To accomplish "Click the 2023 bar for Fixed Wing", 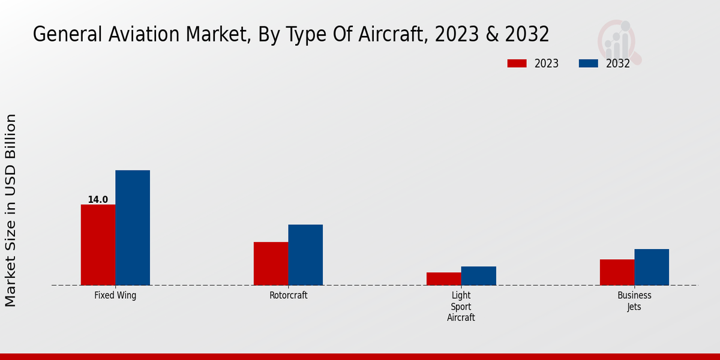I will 98,245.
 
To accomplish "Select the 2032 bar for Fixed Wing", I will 133,228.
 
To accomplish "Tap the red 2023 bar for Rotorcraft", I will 271,263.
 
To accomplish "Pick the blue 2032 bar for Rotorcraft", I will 305,255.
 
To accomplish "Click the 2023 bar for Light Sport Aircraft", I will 444,279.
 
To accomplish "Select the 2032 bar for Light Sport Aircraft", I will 479,276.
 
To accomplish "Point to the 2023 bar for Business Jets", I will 617,272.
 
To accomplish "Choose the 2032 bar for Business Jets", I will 652,267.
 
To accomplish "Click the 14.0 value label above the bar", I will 98,200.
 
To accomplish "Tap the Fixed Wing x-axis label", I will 115,296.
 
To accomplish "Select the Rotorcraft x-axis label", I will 288,296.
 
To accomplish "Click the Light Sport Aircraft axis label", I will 461,307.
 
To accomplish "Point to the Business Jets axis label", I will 634,301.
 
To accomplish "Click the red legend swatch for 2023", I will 517,64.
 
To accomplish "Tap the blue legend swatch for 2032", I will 588,64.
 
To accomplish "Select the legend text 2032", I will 617,64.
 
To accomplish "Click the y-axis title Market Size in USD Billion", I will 11,210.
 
